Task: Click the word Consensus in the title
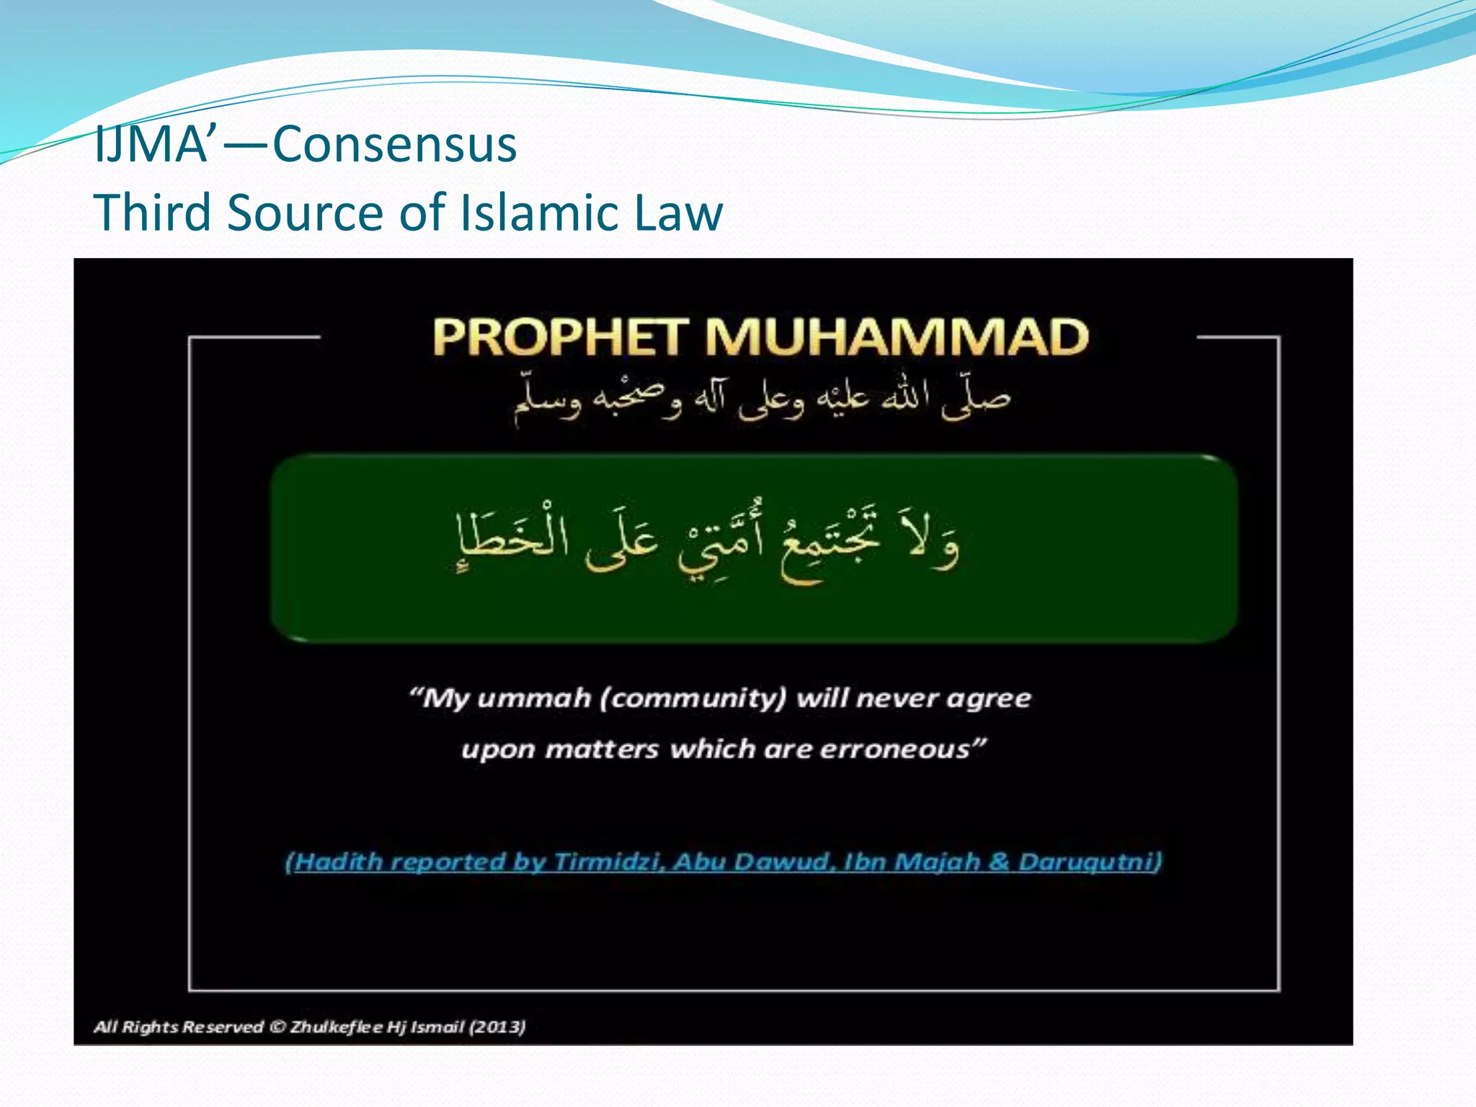pos(395,144)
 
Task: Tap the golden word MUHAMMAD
pos(897,337)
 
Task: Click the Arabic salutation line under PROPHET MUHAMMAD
pos(762,399)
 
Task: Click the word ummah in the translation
pos(534,698)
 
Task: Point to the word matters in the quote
pos(602,750)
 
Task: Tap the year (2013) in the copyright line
pos(497,1026)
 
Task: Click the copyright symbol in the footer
pos(277,1026)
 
